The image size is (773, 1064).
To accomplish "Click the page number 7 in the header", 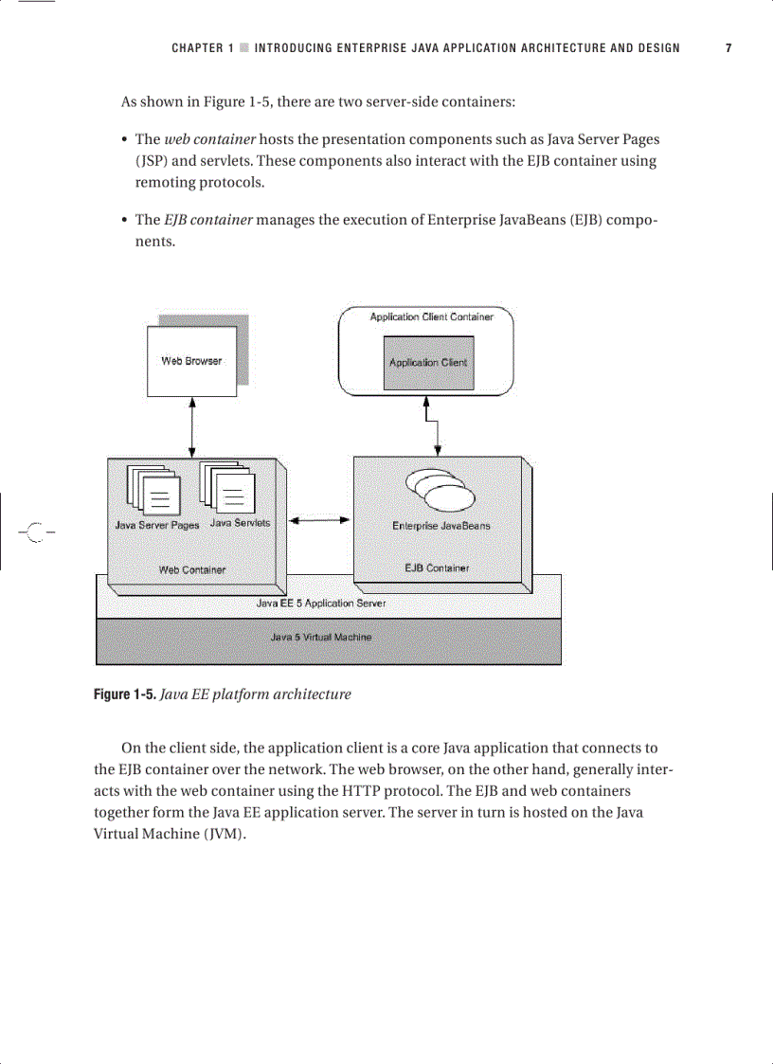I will click(728, 48).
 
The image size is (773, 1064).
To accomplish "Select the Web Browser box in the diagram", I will click(191, 361).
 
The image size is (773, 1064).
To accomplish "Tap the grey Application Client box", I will click(427, 363).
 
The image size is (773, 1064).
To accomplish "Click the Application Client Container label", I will click(431, 317).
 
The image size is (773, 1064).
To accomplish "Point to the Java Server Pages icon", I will click(153, 490).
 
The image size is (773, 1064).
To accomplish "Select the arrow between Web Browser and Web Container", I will click(193, 426).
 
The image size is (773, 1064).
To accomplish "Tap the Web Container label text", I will click(192, 569).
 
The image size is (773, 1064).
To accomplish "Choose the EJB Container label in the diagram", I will click(437, 568).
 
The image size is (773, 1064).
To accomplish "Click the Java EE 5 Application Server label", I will click(321, 603).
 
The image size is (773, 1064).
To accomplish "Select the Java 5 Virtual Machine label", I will click(321, 638).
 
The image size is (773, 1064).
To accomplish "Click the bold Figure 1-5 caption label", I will click(124, 694).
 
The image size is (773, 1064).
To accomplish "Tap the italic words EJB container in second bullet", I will click(207, 220).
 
